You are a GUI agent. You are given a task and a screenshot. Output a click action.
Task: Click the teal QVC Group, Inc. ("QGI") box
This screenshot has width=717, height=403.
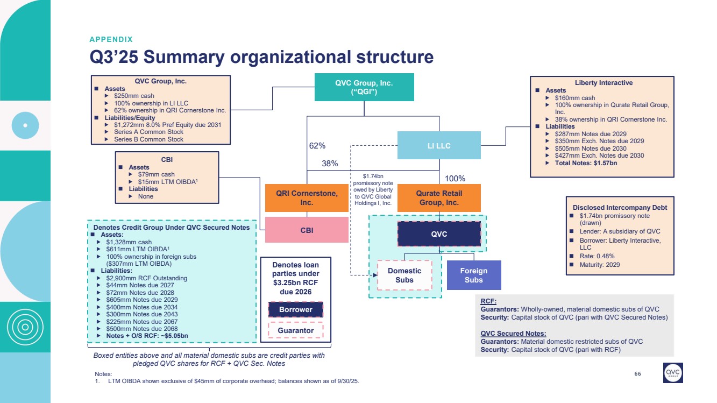pos(364,87)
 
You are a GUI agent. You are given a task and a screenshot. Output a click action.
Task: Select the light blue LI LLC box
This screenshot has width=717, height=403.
pos(439,146)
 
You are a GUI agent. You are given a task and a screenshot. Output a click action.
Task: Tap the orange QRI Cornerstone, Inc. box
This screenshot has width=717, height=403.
pos(307,198)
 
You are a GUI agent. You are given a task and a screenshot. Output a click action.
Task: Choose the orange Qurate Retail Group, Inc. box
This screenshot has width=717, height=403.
pos(439,198)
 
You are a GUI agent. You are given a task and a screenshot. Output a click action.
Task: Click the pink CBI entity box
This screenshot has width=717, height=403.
pos(307,230)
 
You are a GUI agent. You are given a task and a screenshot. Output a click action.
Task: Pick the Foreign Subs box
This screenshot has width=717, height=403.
pos(474,275)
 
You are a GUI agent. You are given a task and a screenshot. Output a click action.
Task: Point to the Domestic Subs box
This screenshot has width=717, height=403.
pos(404,275)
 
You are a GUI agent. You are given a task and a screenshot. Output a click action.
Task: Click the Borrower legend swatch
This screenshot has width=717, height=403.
pos(295,310)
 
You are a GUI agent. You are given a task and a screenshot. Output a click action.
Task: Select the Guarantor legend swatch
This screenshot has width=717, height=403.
pos(295,330)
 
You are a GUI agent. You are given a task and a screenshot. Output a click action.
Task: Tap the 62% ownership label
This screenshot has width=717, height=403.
pos(318,146)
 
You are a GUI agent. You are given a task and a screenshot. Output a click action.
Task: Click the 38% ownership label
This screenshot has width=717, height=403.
pos(330,164)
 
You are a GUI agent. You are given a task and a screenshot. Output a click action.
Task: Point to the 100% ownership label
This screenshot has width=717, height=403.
pos(456,178)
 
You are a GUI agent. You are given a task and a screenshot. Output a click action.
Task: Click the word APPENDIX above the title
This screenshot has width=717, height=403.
pos(111,39)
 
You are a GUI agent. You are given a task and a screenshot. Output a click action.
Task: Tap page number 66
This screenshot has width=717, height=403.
pos(638,374)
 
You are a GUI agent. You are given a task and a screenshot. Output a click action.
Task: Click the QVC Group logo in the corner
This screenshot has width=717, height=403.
pos(673,372)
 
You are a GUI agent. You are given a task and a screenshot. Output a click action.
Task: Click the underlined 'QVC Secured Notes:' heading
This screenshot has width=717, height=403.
pos(513,334)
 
